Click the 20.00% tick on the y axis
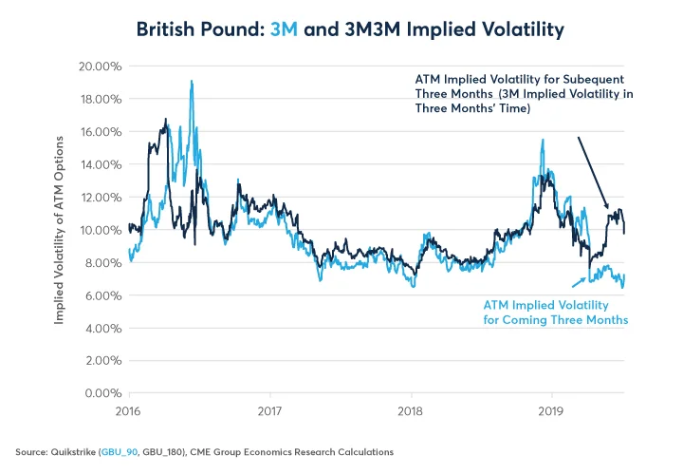(97, 66)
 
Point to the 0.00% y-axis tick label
(100, 393)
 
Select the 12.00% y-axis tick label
(97, 198)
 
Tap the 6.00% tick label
(100, 295)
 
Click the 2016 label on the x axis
(129, 410)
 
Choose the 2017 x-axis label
(270, 410)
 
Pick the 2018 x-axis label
(412, 410)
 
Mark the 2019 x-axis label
(553, 410)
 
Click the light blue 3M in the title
(286, 30)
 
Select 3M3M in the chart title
(370, 30)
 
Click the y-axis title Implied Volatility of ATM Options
(59, 230)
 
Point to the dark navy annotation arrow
(593, 171)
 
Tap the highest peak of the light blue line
(192, 82)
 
